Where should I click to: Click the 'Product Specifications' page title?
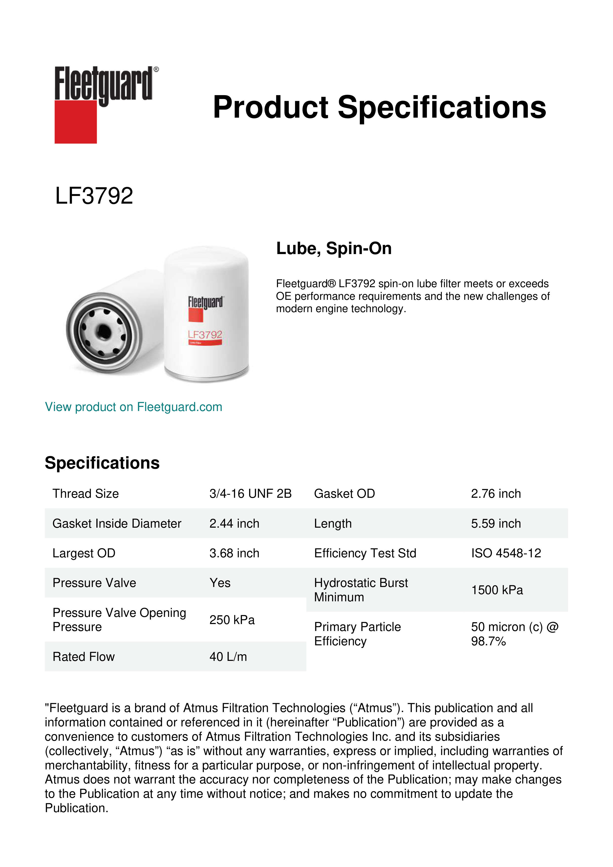tap(379, 107)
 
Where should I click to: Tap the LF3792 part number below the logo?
tap(94, 196)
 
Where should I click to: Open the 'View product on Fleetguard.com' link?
tap(134, 407)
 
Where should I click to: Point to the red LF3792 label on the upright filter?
tap(205, 335)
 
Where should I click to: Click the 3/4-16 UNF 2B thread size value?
tap(250, 494)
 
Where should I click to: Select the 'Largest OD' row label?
tap(84, 553)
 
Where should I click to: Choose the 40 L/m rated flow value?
tap(228, 657)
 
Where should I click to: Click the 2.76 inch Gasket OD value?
tap(496, 494)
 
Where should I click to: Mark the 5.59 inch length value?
tap(496, 523)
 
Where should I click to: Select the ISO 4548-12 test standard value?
tap(506, 553)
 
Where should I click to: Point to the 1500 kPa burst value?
tap(497, 590)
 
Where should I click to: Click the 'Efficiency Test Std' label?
tap(365, 553)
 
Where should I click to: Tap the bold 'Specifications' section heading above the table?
tap(102, 463)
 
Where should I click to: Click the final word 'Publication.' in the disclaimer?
tap(77, 808)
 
